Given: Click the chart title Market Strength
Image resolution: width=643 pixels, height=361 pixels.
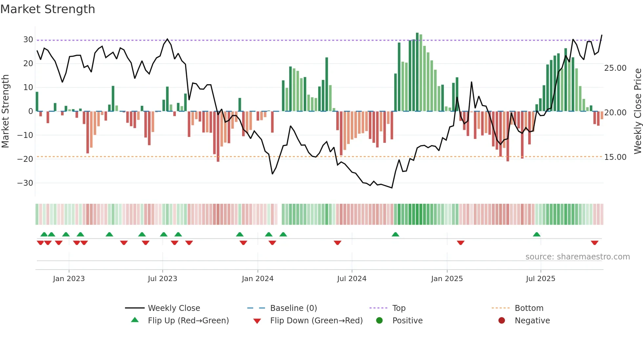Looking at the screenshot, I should pos(48,9).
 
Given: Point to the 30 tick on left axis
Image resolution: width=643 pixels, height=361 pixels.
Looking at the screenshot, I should pos(28,40).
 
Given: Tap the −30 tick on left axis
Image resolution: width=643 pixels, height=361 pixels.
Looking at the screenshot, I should pos(25,183).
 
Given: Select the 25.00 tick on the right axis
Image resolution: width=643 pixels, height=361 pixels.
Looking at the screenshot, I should pos(615,68).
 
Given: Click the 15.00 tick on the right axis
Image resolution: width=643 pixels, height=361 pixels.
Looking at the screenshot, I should pos(615,157).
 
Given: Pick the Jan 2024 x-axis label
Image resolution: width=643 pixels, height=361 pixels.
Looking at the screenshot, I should pos(258,279).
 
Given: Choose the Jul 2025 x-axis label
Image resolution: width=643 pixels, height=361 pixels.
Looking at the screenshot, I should pos(540,279).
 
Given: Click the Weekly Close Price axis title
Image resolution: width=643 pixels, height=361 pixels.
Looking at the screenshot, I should pos(637,111).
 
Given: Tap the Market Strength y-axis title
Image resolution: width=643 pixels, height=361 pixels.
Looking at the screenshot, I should pos(6,111).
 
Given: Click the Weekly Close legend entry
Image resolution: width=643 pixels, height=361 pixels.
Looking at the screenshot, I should pos(174,308).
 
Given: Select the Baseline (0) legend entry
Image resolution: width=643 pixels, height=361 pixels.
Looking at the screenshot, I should pos(293,308).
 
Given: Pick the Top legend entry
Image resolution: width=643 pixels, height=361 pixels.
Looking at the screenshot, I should pos(399,308).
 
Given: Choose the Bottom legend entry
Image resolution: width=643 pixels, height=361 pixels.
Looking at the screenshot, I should pos(529,308).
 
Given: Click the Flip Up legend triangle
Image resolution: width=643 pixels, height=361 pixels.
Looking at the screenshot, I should pos(135,320).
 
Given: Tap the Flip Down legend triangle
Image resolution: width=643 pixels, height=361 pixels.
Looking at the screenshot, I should pos(257,321).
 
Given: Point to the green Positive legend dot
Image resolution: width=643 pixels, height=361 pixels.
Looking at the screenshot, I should pos(379,320).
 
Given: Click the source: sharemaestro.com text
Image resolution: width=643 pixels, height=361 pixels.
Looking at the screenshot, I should pos(577,257).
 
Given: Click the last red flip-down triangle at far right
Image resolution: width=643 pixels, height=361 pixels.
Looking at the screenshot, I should pos(594,243).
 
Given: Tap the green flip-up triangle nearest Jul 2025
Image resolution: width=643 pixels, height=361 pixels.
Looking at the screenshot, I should pos(537,234).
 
